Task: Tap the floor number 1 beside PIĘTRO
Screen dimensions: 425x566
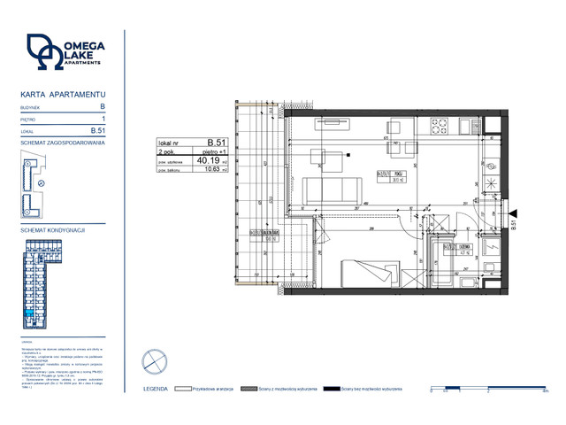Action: [103, 118]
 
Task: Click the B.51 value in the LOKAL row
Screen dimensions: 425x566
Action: [98, 130]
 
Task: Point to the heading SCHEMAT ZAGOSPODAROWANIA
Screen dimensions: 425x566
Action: [62, 142]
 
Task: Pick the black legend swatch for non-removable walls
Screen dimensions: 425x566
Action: [333, 387]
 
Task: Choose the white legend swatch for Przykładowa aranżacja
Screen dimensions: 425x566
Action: [184, 387]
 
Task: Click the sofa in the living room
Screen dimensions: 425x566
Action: [332, 189]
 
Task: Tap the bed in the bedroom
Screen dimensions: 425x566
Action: [368, 271]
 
